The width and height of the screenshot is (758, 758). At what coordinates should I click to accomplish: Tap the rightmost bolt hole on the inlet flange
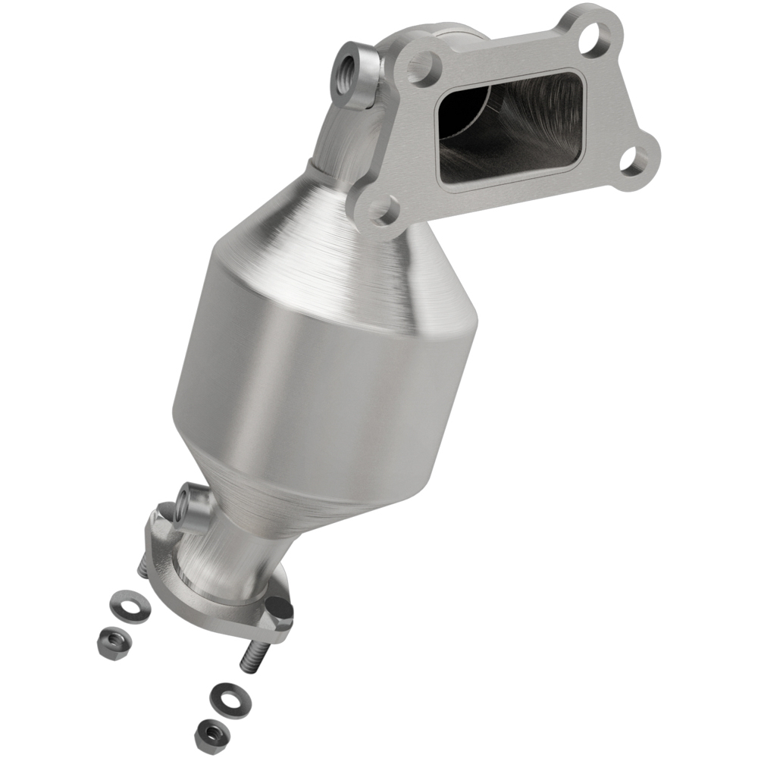tap(634, 159)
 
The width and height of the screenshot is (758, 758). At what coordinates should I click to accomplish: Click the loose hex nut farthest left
tap(113, 641)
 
